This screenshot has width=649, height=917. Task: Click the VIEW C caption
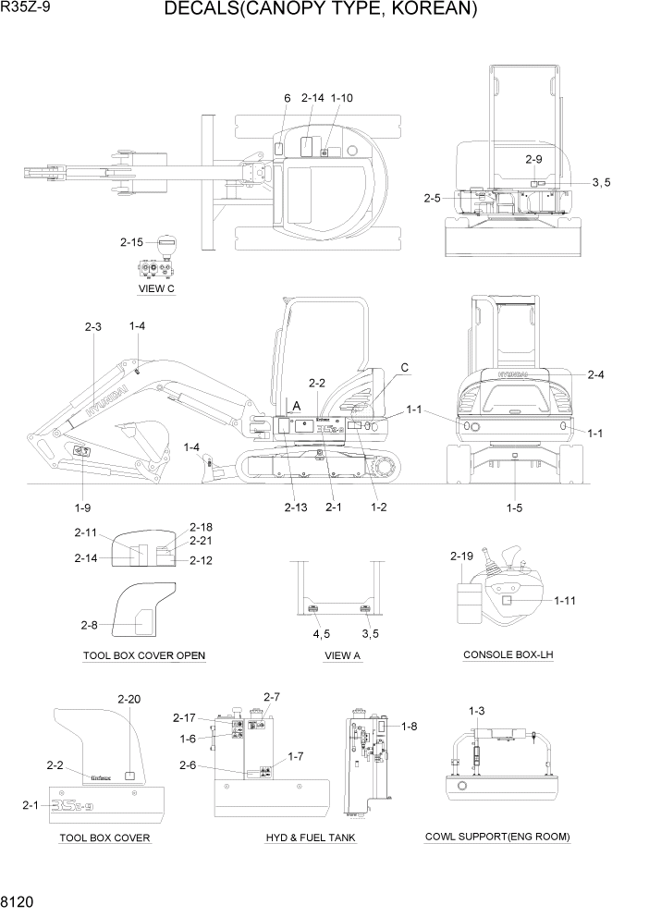156,288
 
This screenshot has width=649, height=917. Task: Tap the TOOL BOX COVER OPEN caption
143,656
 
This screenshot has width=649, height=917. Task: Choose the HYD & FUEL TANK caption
311,838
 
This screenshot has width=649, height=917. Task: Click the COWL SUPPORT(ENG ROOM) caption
497,837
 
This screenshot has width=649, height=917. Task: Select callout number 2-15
131,243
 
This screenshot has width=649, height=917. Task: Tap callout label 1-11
567,601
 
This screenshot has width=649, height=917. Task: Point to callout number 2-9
533,159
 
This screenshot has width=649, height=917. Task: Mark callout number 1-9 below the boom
83,507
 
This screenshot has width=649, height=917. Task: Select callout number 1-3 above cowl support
477,710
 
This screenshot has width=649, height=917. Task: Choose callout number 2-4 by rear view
596,374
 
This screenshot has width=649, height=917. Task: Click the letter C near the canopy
404,368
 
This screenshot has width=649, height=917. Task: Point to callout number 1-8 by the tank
409,727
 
